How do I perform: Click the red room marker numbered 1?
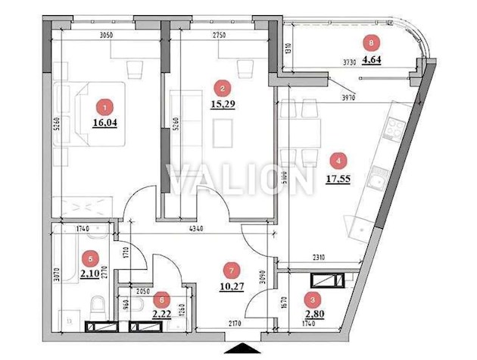point(106,108)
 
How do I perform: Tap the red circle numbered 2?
point(221,88)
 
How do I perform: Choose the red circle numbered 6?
point(160,298)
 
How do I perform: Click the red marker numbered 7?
point(232,269)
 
